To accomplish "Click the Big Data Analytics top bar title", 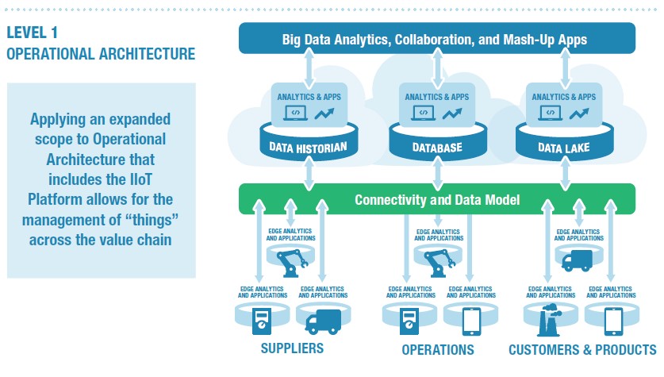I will pos(436,39).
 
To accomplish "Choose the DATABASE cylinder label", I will pos(437,147).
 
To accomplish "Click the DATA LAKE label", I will pos(565,147).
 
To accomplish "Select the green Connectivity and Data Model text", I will pos(436,200).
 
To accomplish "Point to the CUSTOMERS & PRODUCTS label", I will pos(582,349).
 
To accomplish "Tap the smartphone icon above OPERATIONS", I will pos(470,320).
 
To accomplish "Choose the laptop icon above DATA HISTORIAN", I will pos(295,113).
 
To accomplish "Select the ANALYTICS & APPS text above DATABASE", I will pos(437,97).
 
